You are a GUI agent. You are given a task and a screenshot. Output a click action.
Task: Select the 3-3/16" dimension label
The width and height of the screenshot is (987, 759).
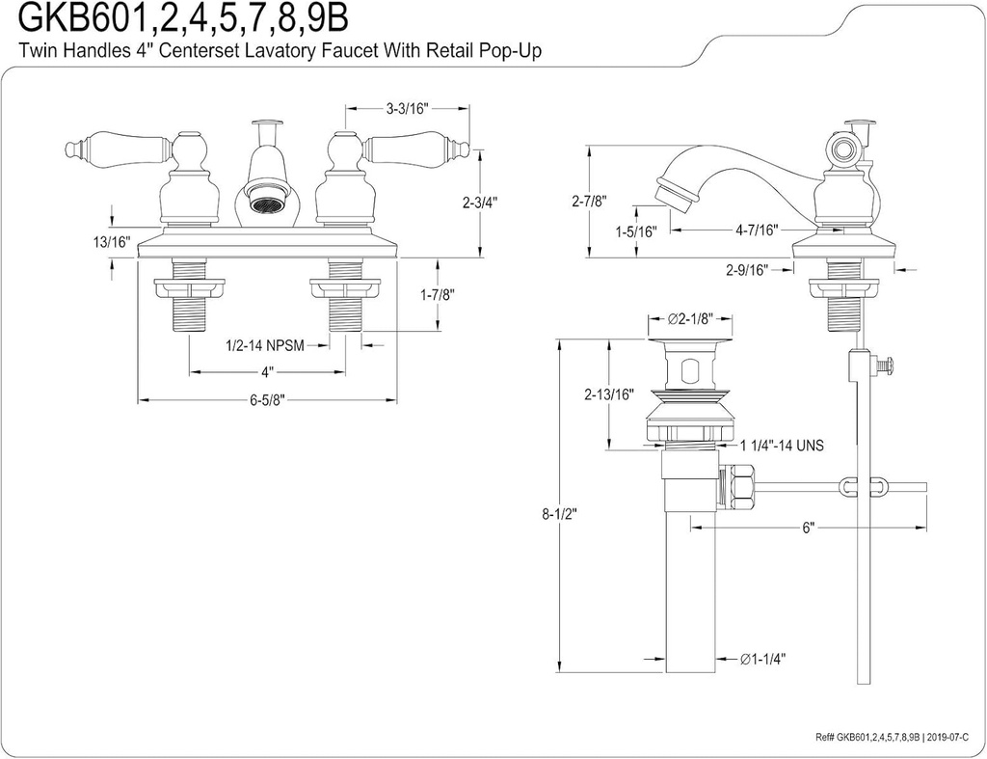407,109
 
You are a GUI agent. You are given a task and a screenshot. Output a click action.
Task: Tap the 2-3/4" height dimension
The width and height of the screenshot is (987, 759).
479,203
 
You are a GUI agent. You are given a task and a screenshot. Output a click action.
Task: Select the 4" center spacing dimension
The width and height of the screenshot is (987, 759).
266,371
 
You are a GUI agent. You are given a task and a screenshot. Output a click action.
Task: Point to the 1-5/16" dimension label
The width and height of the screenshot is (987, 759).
636,231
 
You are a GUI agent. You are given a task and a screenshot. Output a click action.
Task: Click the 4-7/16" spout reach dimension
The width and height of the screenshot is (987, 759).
756,230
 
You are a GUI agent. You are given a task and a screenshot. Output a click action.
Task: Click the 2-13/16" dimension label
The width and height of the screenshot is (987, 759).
608,393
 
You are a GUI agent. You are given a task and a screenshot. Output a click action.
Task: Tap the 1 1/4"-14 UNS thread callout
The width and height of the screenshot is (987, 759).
781,446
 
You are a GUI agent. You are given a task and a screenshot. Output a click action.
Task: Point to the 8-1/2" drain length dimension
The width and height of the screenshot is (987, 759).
558,514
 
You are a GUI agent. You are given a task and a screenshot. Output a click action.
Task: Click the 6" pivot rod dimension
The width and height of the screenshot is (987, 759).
808,528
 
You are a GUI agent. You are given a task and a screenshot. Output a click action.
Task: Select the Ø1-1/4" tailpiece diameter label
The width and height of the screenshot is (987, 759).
762,659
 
